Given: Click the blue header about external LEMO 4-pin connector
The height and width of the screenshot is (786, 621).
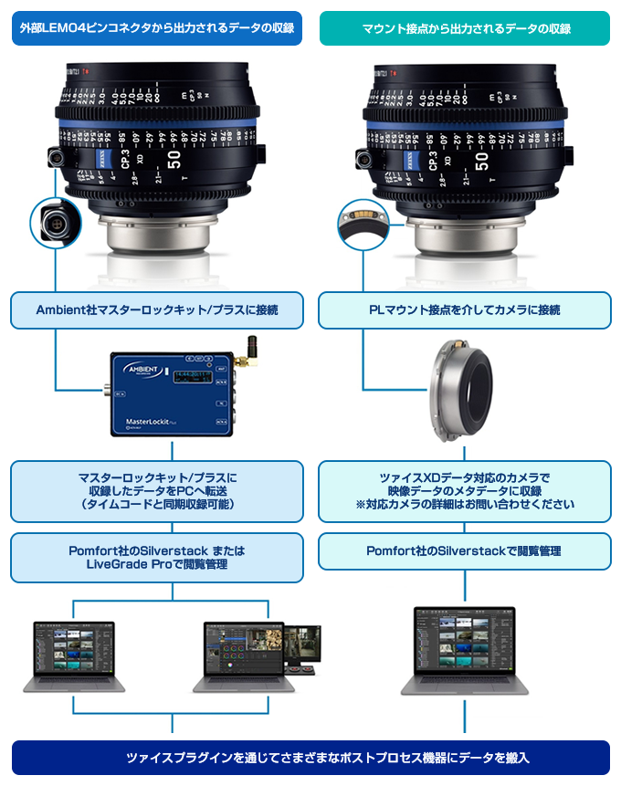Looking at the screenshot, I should pyautogui.click(x=156, y=28).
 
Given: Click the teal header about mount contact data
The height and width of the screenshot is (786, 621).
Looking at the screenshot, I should pyautogui.click(x=465, y=28).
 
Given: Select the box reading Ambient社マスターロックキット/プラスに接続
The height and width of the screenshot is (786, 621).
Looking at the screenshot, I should pyautogui.click(x=156, y=310).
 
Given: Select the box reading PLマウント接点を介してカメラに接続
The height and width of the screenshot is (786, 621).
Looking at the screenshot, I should pyautogui.click(x=465, y=310).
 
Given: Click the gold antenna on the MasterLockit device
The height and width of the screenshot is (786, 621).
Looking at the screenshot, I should pyautogui.click(x=248, y=351).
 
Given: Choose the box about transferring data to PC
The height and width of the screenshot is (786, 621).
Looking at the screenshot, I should pyautogui.click(x=156, y=491).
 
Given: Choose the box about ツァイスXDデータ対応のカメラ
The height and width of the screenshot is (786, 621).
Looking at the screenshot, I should pyautogui.click(x=465, y=491).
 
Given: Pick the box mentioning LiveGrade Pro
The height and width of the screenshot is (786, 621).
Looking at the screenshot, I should pyautogui.click(x=156, y=558).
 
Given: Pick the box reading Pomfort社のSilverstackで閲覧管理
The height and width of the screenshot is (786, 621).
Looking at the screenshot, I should pyautogui.click(x=465, y=551).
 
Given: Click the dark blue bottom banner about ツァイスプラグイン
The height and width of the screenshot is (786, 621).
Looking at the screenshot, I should pyautogui.click(x=310, y=758).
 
